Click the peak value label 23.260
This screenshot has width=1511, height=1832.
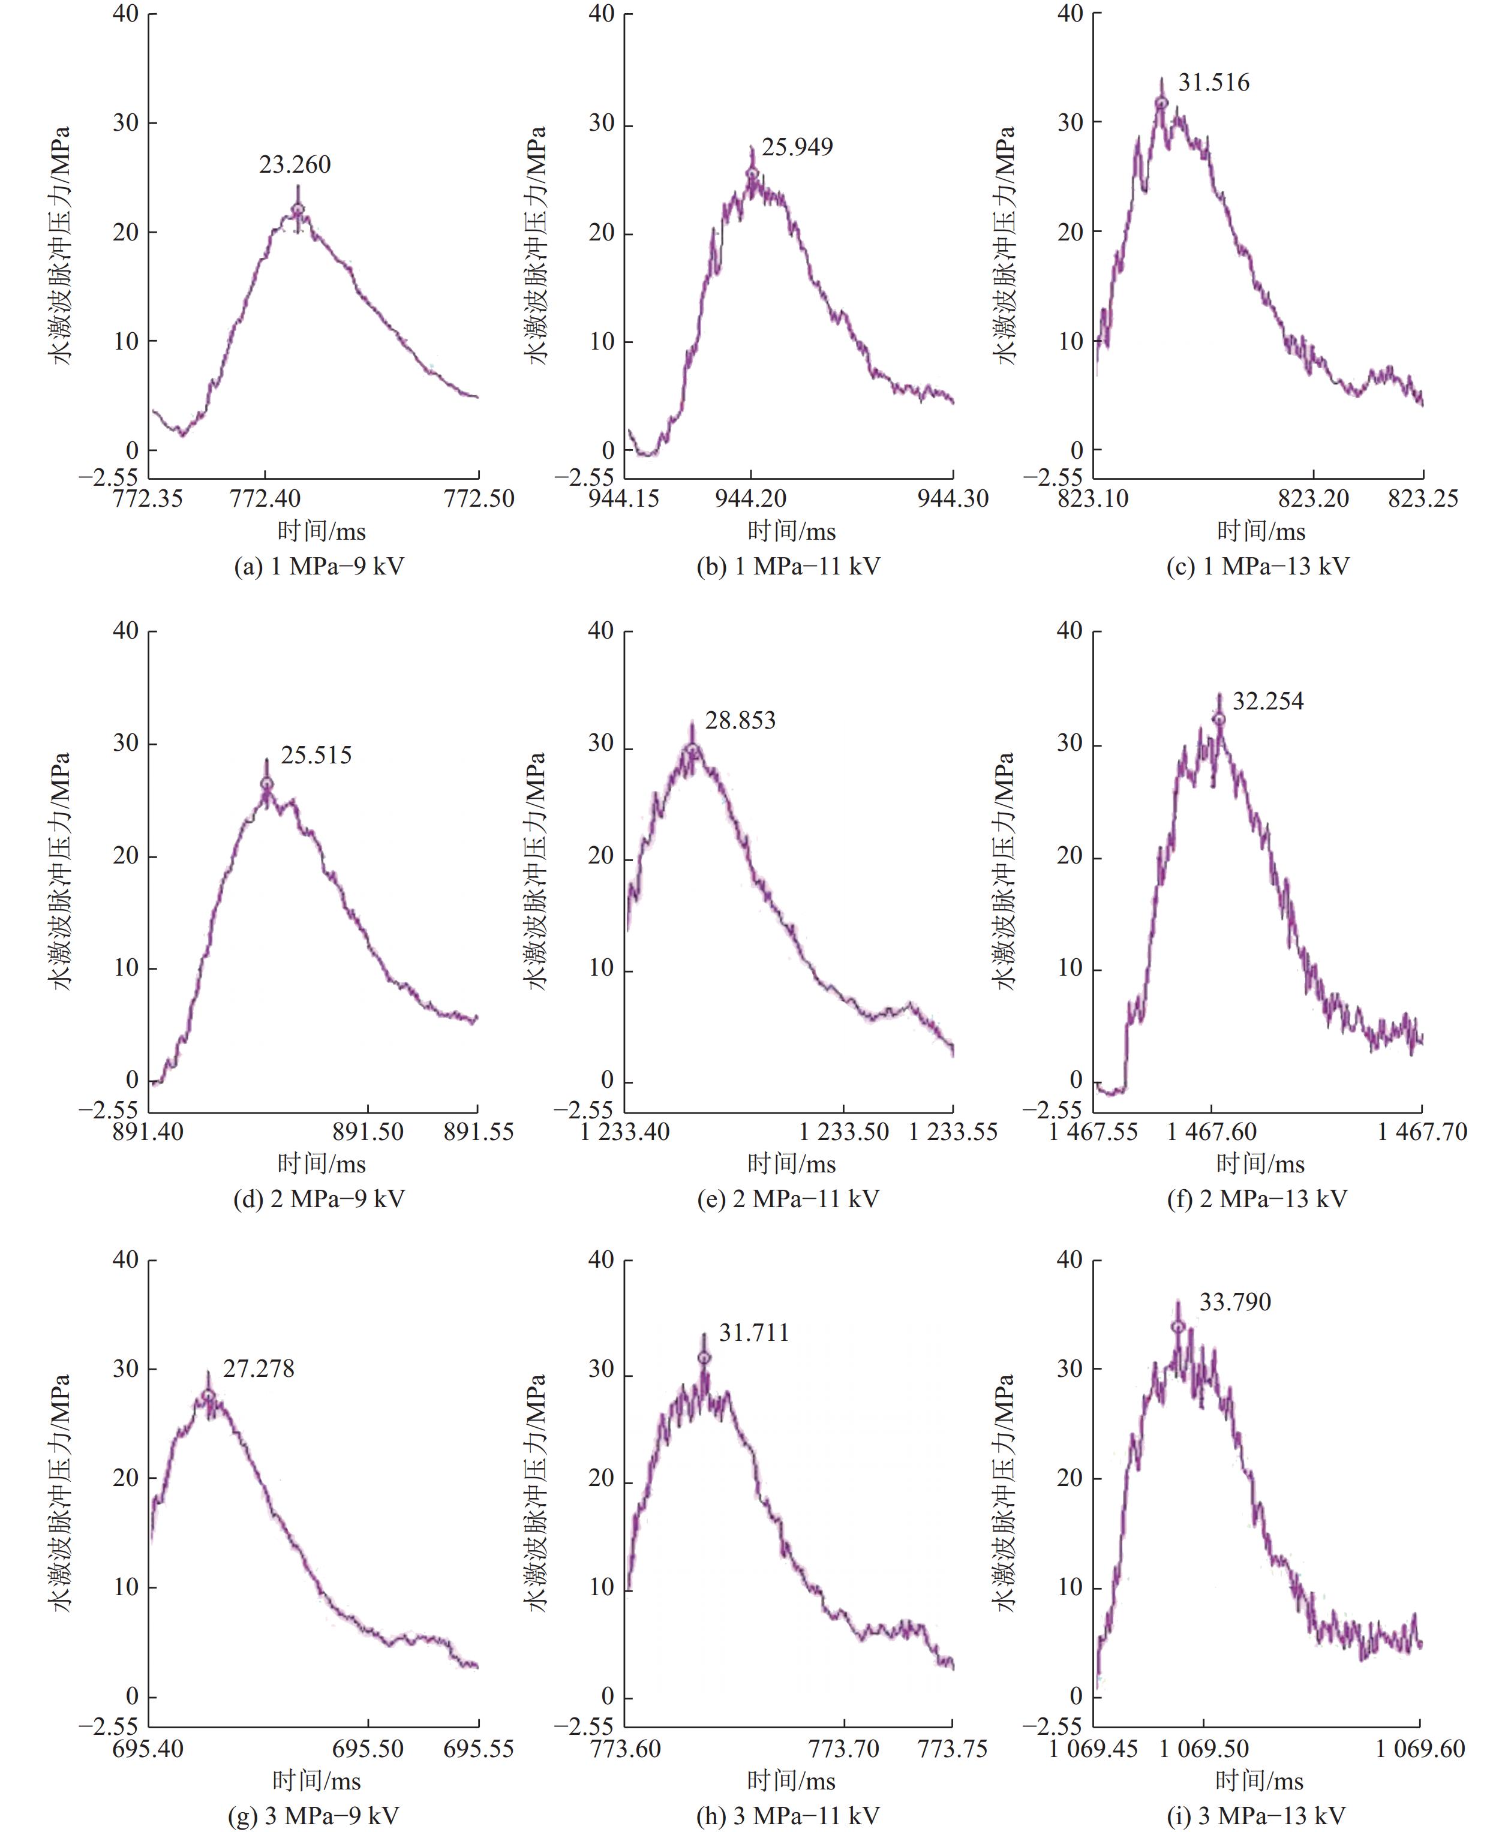[x=295, y=164]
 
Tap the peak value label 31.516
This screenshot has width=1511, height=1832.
[x=1213, y=83]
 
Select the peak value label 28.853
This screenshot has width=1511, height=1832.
[x=740, y=720]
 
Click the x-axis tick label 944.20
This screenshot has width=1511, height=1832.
[x=750, y=499]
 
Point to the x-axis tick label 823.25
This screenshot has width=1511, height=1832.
[x=1423, y=499]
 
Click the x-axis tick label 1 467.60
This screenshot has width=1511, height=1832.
[x=1212, y=1132]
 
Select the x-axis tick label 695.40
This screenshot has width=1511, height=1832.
[x=148, y=1749]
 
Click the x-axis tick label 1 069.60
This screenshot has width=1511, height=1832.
[x=1420, y=1749]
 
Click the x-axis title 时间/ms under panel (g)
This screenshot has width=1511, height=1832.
[x=317, y=1780]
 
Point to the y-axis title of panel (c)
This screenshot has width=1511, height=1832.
[x=1005, y=245]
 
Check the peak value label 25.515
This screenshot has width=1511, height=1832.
[x=316, y=754]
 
